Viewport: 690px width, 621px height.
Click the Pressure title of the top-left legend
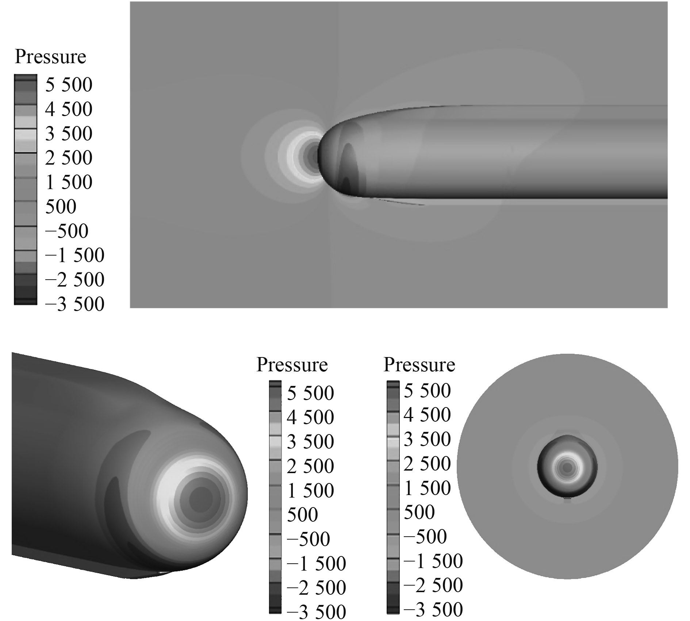(x=50, y=57)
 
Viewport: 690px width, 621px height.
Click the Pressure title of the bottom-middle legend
(x=292, y=365)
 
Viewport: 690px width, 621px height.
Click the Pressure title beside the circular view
(x=419, y=365)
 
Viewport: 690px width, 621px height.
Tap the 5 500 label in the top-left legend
(x=69, y=85)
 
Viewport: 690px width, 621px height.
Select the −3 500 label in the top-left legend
(x=74, y=304)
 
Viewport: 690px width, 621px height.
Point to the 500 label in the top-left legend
(x=61, y=206)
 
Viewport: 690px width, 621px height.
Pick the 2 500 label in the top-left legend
(x=69, y=158)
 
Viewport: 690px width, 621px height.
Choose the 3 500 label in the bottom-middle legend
(x=310, y=442)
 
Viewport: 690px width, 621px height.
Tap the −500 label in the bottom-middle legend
(x=308, y=539)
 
